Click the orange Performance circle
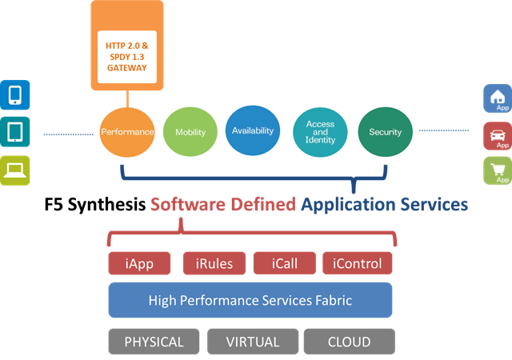coord(126,131)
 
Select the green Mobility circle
coord(190,132)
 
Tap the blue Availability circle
coord(252,130)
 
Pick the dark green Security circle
coord(385,132)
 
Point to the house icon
coord(497,98)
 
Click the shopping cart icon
coord(497,170)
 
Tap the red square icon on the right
coord(497,135)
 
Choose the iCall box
coord(284,263)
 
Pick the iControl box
coord(357,263)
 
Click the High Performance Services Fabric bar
coord(250,301)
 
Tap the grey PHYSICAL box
coord(154,342)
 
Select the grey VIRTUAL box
coord(252,342)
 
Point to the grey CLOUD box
coord(349,342)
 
